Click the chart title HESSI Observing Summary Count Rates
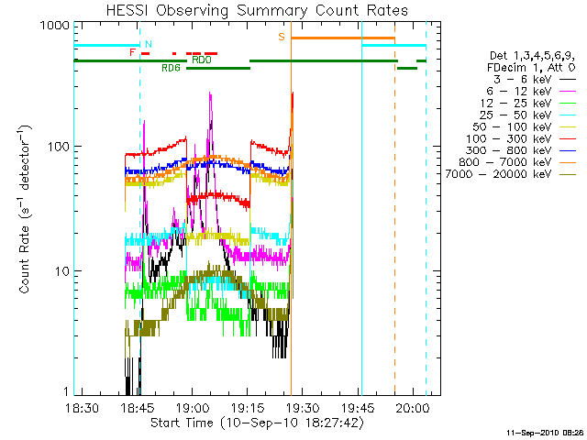(257, 10)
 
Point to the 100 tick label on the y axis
(58, 147)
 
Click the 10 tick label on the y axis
(61, 271)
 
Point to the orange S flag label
(282, 37)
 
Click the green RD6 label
(171, 68)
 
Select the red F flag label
(133, 52)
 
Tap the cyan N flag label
(149, 44)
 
